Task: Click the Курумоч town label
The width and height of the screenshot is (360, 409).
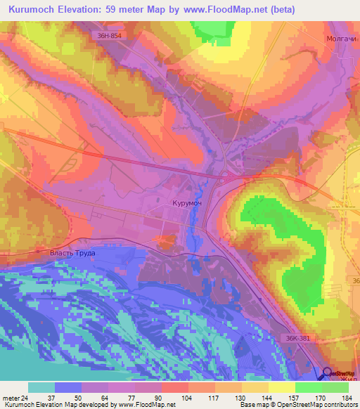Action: click(x=186, y=203)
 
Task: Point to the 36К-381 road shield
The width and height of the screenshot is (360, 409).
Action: click(x=300, y=338)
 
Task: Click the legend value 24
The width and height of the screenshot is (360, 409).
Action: click(x=23, y=397)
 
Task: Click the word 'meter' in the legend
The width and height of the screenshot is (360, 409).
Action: click(x=9, y=397)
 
